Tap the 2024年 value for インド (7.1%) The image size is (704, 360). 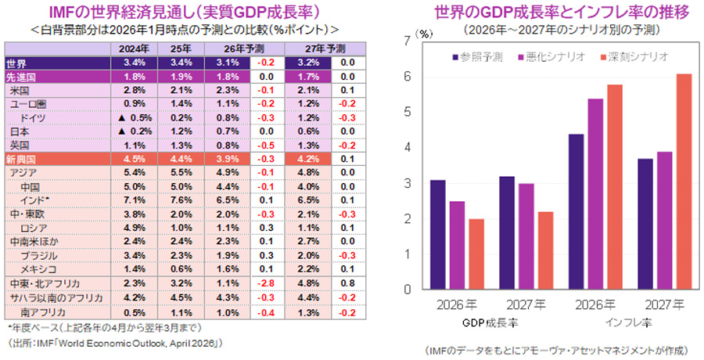click(135, 200)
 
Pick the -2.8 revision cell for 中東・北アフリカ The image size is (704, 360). click(266, 283)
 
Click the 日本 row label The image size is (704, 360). click(19, 131)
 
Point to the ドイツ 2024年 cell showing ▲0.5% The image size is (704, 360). click(134, 117)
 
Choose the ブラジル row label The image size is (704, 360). click(38, 255)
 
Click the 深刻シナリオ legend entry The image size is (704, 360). click(639, 57)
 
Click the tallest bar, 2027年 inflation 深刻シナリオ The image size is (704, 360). click(683, 182)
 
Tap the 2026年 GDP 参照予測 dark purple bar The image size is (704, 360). click(438, 234)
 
